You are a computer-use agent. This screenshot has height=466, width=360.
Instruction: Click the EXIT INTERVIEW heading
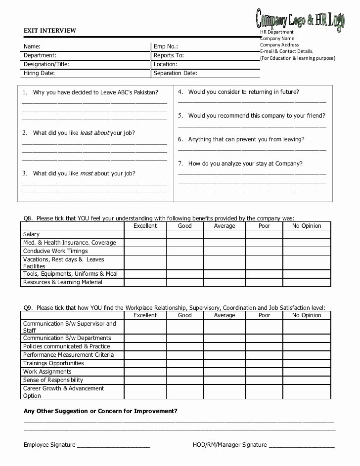point(50,31)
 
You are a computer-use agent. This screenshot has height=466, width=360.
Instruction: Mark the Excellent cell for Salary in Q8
point(145,234)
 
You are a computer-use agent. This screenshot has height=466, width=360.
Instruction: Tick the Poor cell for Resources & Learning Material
point(264,282)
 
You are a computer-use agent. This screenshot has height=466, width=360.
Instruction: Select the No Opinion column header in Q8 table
point(306,226)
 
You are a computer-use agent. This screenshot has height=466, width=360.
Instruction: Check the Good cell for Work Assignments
point(184,372)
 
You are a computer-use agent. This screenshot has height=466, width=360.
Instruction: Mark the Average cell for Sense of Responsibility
point(224,380)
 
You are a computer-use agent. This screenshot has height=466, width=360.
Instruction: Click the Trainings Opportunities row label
point(53,363)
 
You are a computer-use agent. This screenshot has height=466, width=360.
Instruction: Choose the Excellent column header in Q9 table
point(145,315)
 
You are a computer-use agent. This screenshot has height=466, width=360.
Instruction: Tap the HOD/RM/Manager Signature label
point(229,445)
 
